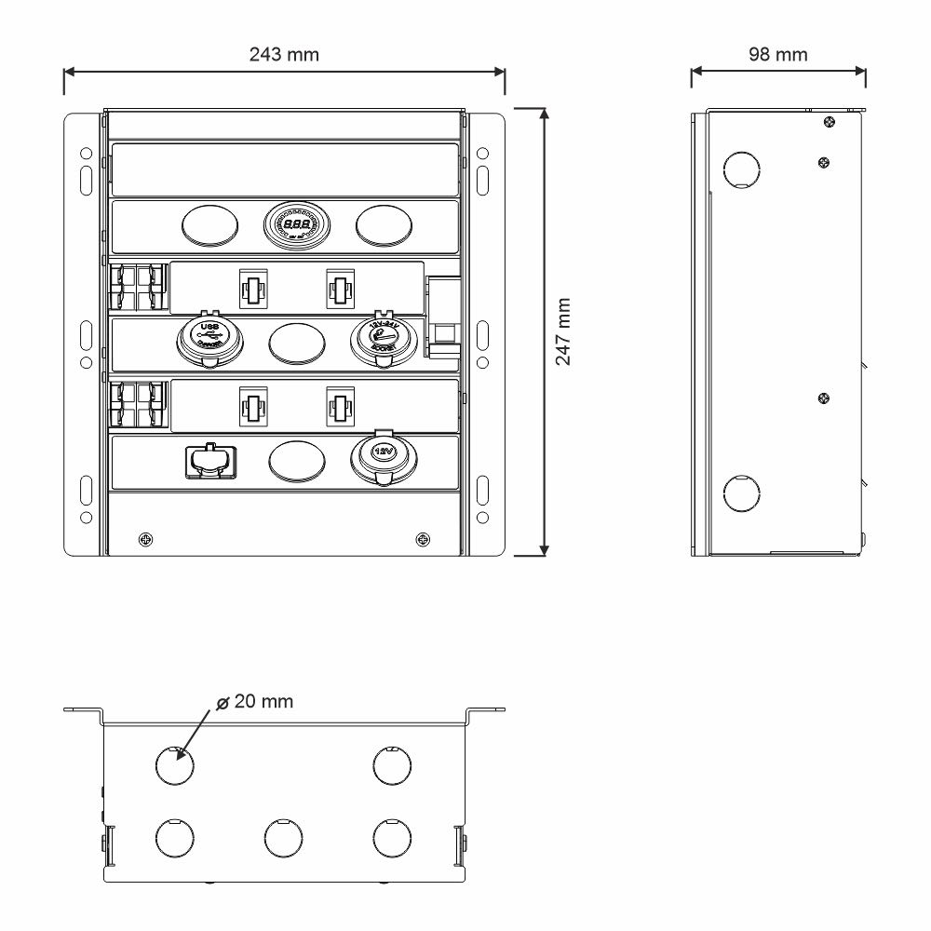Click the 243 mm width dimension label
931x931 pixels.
[284, 54]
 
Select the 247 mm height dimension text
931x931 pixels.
[563, 331]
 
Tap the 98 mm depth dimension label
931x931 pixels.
[778, 54]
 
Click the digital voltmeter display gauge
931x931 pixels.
[298, 225]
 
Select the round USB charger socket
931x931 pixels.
[210, 339]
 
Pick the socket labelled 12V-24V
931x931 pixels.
[384, 339]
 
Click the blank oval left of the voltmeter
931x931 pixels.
[209, 225]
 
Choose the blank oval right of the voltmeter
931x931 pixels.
[385, 225]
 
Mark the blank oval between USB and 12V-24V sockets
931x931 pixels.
[297, 342]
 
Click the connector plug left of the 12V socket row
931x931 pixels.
[210, 459]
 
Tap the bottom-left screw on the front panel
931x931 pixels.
[145, 538]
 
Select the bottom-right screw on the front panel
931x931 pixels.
[424, 538]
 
